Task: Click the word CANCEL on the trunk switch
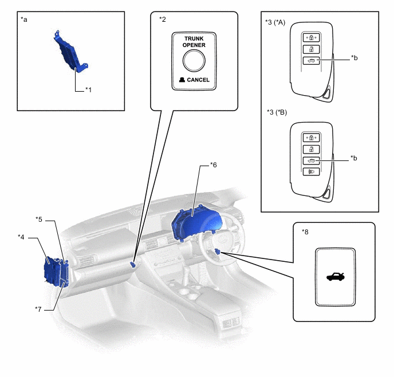[198, 80]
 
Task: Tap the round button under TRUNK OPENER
[194, 61]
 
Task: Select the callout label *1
[88, 90]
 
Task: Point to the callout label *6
[213, 165]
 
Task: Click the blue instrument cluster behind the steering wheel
[196, 223]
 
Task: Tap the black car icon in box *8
[336, 277]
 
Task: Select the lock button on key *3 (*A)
[312, 38]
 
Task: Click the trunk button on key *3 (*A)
[312, 61]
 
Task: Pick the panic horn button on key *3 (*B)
[311, 172]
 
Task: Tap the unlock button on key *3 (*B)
[311, 150]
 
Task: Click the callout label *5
[39, 219]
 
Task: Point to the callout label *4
[21, 237]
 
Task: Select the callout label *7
[38, 309]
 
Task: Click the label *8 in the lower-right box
[305, 231]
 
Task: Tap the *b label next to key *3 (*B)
[354, 158]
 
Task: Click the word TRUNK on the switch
[194, 39]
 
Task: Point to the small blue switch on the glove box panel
[133, 264]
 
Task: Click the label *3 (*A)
[275, 22]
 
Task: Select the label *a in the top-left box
[24, 19]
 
